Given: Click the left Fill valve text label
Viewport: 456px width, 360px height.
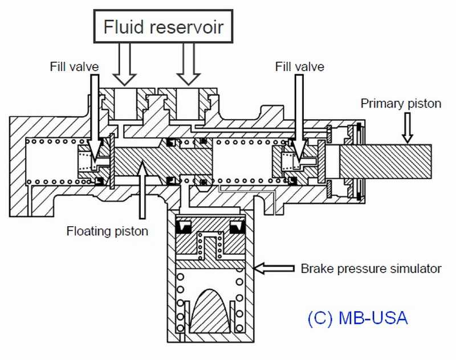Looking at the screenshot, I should [x=74, y=67].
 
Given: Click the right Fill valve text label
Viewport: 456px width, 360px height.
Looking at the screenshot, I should [x=299, y=67].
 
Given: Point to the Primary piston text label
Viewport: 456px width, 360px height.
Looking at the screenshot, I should [x=401, y=104].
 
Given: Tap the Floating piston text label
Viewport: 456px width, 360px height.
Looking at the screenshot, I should [x=107, y=231].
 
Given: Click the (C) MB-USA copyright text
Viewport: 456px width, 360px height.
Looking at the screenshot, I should [x=357, y=318].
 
